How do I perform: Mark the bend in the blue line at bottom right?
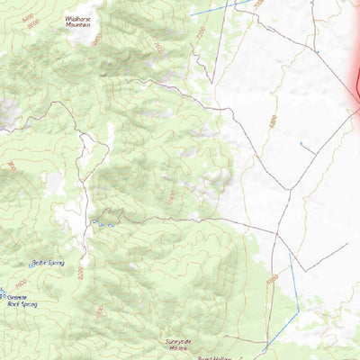coord(292,264)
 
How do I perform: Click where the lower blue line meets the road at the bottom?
coord(267,345)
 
